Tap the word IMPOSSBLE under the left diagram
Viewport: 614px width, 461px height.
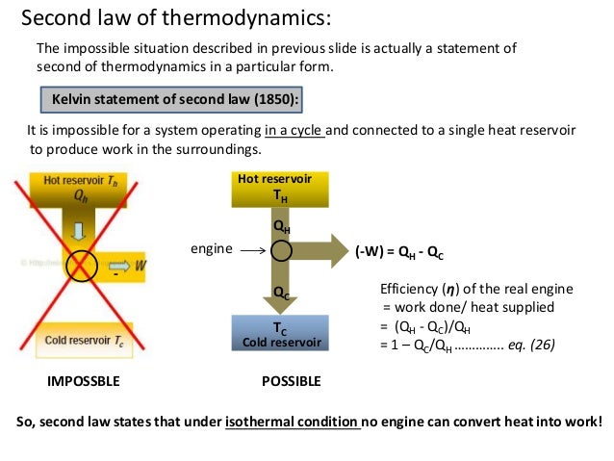(84, 381)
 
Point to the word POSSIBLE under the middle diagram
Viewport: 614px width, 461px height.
(292, 381)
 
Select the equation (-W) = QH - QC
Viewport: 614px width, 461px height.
(399, 252)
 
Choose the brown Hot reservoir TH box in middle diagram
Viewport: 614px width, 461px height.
(281, 189)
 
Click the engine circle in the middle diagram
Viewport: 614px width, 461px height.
(281, 251)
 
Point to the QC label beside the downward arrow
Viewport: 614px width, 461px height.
(282, 292)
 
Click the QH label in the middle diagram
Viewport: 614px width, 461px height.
(282, 228)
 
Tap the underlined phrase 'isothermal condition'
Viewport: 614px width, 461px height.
(292, 423)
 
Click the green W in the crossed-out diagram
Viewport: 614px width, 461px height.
(141, 263)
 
